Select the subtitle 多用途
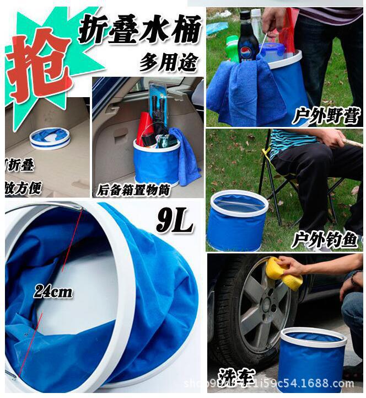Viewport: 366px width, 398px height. click(168, 62)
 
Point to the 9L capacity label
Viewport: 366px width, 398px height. click(174, 221)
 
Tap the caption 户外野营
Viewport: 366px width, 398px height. click(326, 116)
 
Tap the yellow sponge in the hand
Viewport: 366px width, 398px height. click(283, 273)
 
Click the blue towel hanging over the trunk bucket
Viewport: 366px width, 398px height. click(186, 158)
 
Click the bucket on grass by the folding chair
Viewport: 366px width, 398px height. click(239, 220)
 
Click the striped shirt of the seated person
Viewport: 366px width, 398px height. click(292, 141)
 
